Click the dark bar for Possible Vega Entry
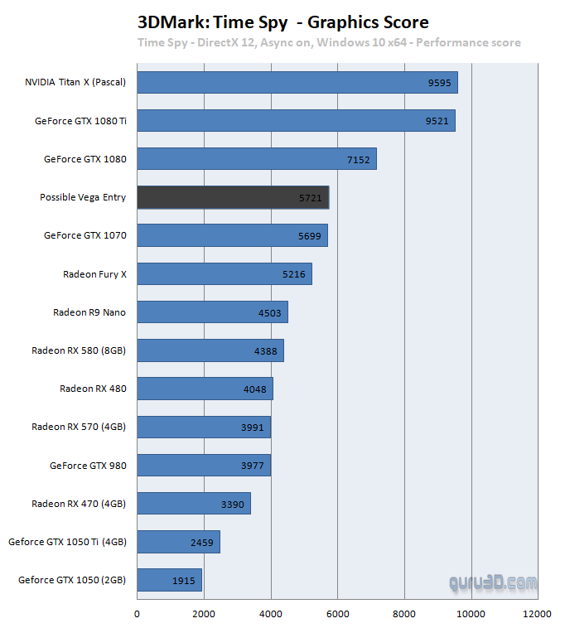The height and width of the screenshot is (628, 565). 233,197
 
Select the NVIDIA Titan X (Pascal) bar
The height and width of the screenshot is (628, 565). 297,83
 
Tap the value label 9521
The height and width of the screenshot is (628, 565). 437,121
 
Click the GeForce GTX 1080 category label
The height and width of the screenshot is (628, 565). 85,159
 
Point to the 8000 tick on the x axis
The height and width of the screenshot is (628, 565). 404,614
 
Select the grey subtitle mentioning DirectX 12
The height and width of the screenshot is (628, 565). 329,42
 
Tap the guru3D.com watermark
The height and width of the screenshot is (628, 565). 493,583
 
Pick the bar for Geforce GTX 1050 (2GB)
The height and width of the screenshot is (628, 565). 169,580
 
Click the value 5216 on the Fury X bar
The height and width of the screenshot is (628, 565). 294,274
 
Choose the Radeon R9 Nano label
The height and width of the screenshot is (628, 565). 89,312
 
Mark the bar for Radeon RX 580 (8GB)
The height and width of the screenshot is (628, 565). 210,350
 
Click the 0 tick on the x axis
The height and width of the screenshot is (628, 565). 137,614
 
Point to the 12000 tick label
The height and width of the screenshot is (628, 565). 537,614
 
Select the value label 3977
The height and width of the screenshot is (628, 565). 253,466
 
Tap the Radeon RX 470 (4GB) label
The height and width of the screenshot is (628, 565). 79,504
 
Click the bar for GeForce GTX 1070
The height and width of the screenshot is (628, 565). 232,235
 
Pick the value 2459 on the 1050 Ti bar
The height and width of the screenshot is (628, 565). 202,543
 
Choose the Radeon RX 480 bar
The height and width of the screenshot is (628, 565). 205,389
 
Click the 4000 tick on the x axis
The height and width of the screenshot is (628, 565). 270,614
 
